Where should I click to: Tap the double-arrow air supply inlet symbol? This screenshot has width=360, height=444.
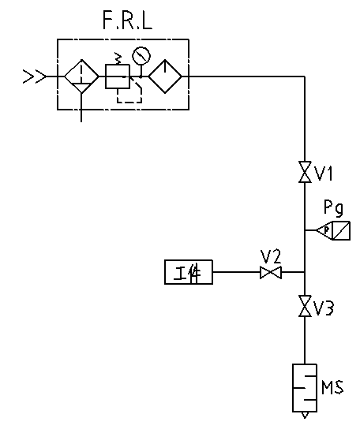(x=34, y=76)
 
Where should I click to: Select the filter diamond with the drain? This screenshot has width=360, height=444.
(x=81, y=76)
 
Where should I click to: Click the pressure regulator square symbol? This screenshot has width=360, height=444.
(x=118, y=76)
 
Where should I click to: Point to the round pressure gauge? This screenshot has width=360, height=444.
(x=141, y=56)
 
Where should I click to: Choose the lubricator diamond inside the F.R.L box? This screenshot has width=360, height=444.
(x=165, y=76)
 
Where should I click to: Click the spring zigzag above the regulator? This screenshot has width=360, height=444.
(x=118, y=58)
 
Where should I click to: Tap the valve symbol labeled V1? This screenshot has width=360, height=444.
(x=305, y=172)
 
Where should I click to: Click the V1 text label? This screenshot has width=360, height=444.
(x=324, y=173)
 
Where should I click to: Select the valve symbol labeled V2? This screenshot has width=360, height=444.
(x=271, y=272)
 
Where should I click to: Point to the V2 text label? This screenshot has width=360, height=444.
(x=271, y=256)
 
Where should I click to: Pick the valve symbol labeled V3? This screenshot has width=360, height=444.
(x=305, y=306)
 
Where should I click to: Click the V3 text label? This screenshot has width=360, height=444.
(x=324, y=308)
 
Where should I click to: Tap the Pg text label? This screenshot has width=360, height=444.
(x=333, y=208)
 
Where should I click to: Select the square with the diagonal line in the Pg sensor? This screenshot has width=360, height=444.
(x=341, y=230)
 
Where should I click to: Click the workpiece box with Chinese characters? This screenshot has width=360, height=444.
(x=189, y=272)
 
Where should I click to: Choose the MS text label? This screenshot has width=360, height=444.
(x=332, y=387)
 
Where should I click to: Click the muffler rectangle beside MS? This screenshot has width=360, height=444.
(x=305, y=388)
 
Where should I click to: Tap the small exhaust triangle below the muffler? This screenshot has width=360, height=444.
(x=305, y=415)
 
